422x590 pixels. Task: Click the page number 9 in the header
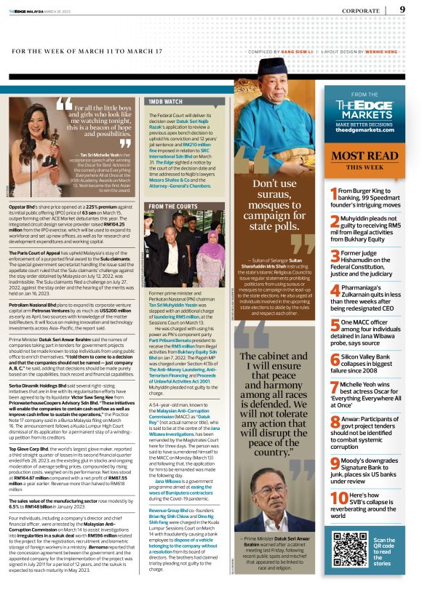coord(402,9)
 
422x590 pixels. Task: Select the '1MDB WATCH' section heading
coord(164,102)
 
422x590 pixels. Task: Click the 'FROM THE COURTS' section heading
coord(173,207)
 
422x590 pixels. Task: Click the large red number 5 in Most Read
coord(335,326)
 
